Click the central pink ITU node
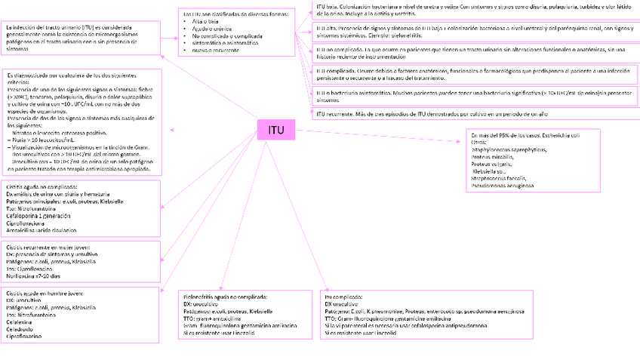point(276,130)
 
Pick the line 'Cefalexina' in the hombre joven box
point(23,322)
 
